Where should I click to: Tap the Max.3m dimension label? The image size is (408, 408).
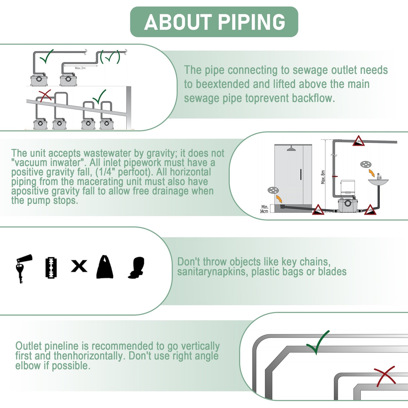coord(80,68)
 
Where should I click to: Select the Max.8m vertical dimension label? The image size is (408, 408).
coord(323,177)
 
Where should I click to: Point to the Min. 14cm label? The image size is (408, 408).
coord(264,209)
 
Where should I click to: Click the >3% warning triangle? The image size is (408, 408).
coord(358,141)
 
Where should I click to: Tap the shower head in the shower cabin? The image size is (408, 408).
coord(291,148)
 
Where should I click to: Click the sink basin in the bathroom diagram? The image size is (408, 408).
coord(378,182)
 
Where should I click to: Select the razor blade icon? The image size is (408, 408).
coord(51,267)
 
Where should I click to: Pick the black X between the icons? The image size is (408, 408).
coord(79,266)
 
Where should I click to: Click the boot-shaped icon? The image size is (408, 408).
coord(137,267)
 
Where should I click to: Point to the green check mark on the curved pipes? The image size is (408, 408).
coord(318,342)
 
